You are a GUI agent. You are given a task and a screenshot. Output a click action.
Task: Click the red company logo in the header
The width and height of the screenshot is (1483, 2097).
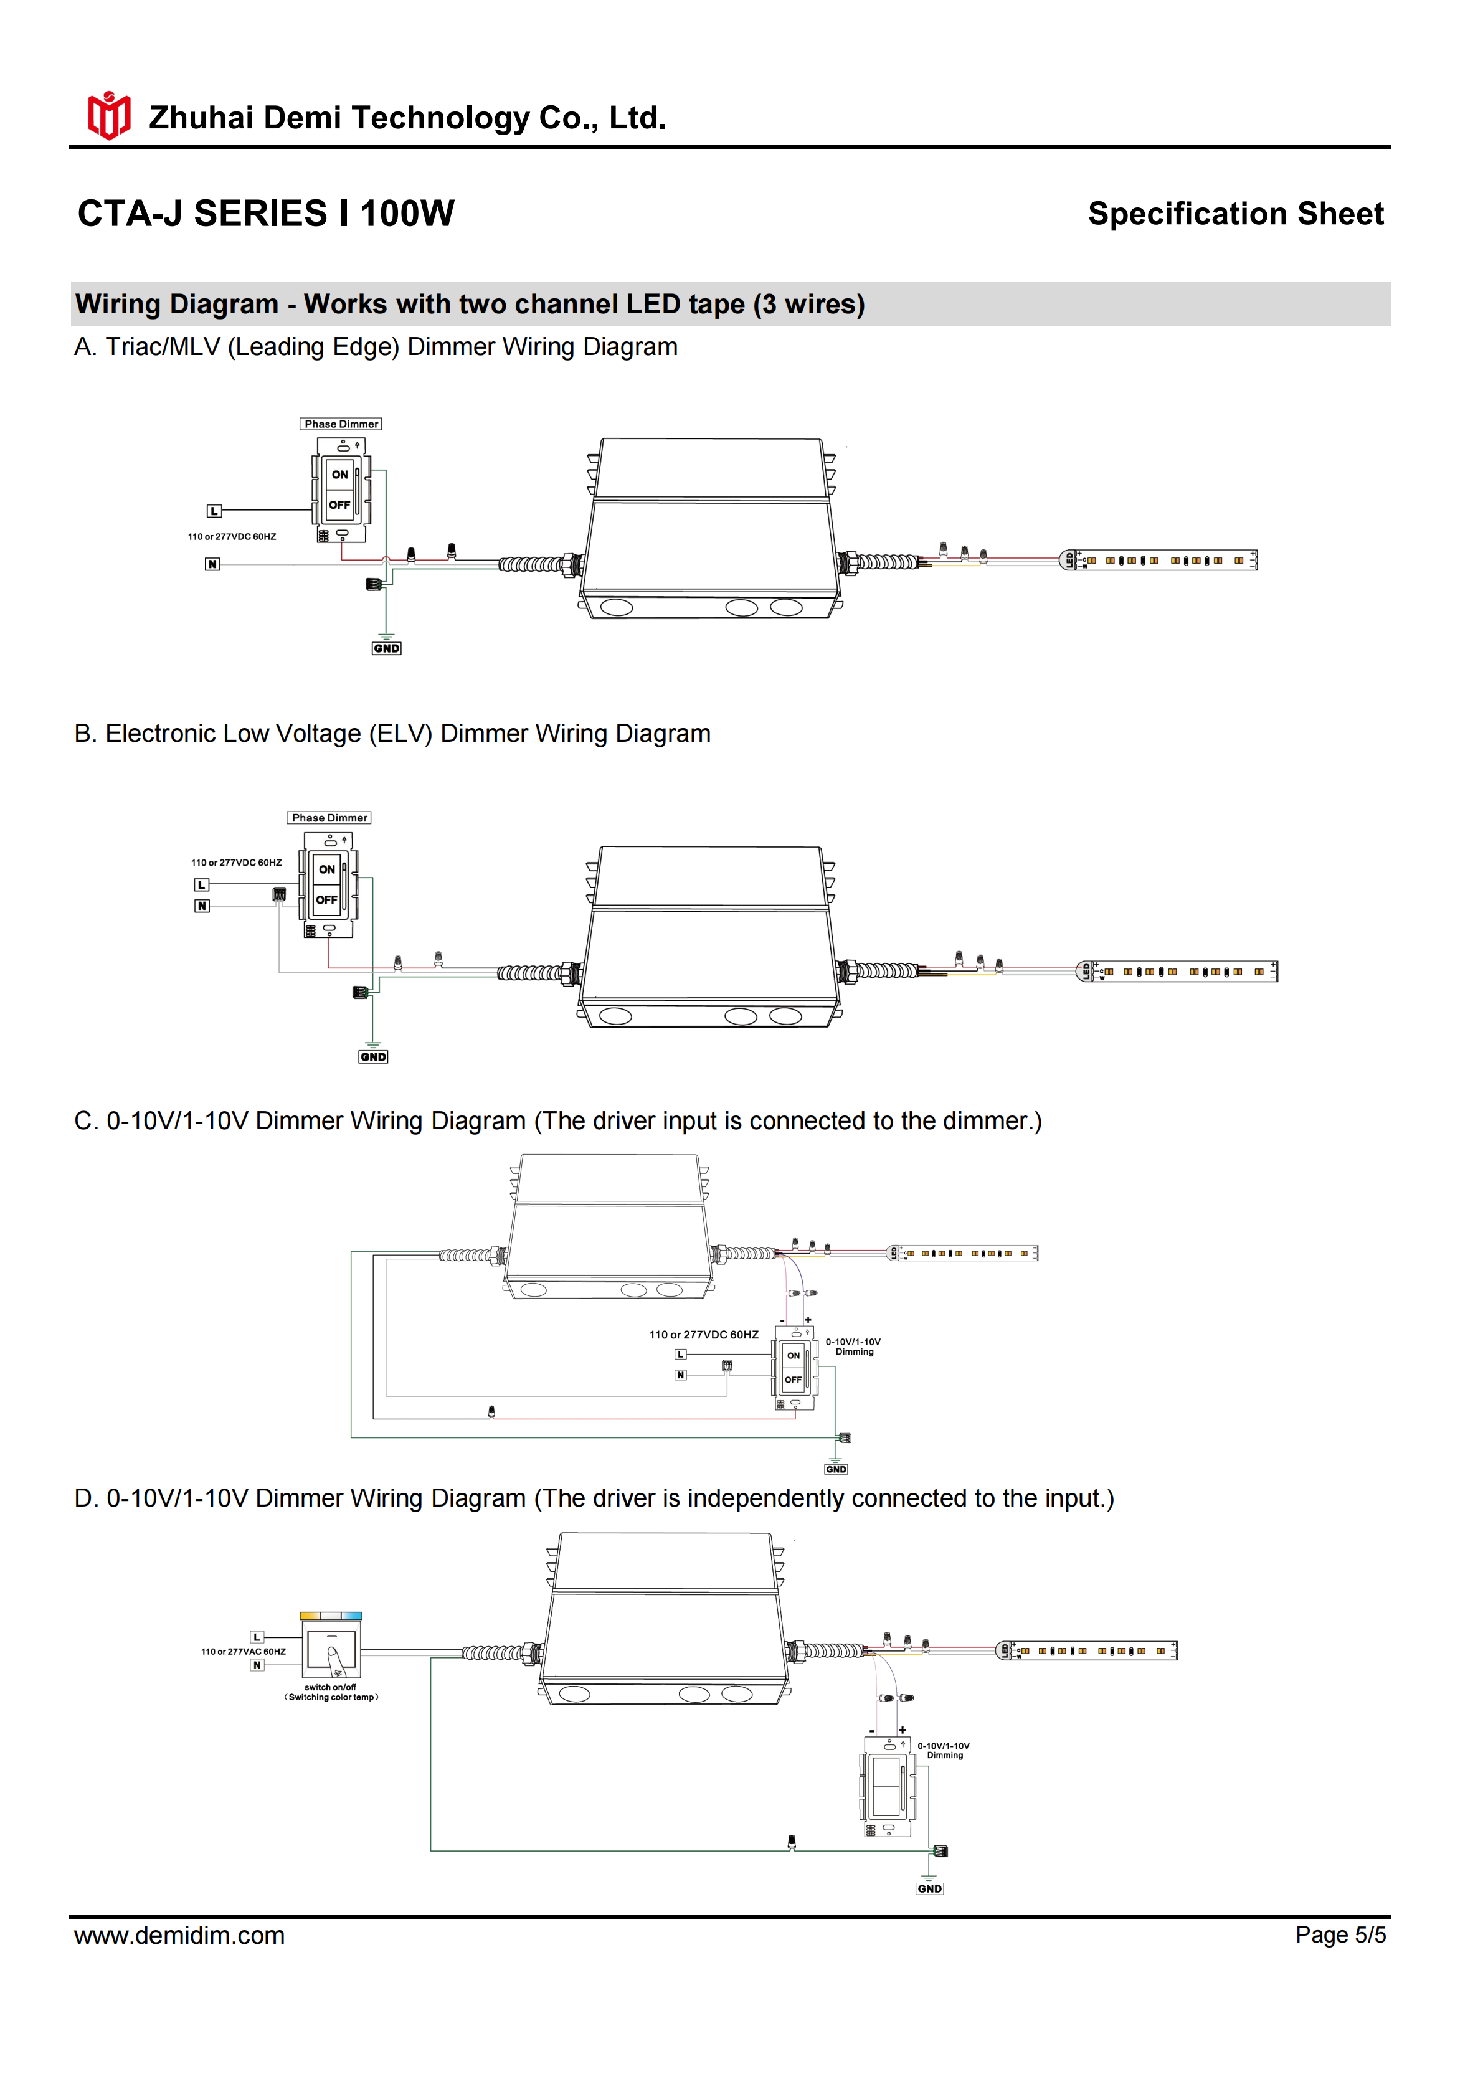(108, 116)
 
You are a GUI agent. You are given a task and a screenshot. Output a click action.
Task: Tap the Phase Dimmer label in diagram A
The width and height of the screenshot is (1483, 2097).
(341, 424)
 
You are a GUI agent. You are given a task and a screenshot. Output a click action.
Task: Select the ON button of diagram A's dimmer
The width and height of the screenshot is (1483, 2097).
(339, 475)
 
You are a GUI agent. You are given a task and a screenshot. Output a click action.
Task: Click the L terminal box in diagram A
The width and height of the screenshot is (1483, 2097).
(214, 511)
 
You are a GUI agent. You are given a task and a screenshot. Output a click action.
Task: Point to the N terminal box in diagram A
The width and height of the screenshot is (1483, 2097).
(212, 564)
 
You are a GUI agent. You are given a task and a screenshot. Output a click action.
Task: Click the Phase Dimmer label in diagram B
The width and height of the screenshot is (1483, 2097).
(329, 818)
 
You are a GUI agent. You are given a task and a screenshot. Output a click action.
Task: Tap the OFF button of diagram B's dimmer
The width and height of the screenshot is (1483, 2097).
(327, 901)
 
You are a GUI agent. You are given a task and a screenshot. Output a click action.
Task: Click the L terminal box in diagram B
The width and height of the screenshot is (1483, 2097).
(202, 885)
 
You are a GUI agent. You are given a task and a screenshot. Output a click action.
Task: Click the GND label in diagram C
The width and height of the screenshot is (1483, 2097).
(836, 1470)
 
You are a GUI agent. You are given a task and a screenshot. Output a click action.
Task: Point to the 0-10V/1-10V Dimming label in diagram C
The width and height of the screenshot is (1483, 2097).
(854, 1347)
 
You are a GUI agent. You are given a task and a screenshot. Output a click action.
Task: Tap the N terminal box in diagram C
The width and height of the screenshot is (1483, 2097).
(680, 1375)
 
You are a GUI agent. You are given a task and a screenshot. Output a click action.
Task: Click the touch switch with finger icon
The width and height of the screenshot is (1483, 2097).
(331, 1651)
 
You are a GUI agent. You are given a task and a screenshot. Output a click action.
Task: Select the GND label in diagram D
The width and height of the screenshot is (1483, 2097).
(930, 1889)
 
